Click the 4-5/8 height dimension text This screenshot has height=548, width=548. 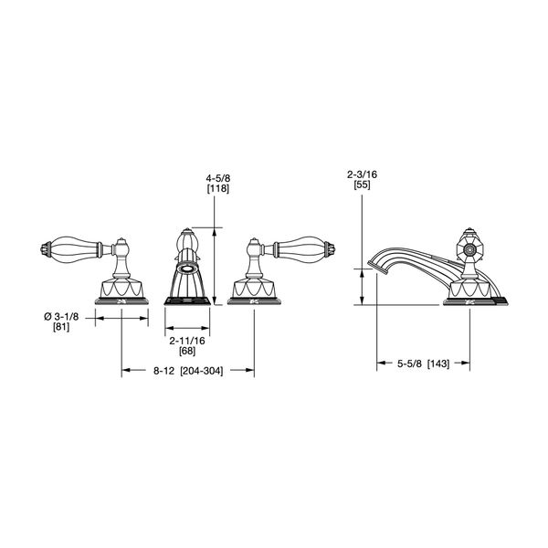pyautogui.click(x=218, y=179)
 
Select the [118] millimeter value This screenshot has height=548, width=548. pyautogui.click(x=218, y=189)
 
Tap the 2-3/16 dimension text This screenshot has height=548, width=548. pyautogui.click(x=362, y=174)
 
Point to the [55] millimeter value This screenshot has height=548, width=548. pyautogui.click(x=362, y=184)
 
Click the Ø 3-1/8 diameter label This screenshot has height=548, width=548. pyautogui.click(x=61, y=317)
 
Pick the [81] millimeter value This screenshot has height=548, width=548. pyautogui.click(x=61, y=327)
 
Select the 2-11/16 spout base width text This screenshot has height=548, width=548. pyautogui.click(x=187, y=341)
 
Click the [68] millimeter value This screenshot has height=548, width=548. pyautogui.click(x=187, y=351)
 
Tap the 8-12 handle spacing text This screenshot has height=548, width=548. pyautogui.click(x=163, y=371)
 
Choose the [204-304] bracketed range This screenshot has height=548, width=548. pyautogui.click(x=201, y=371)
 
